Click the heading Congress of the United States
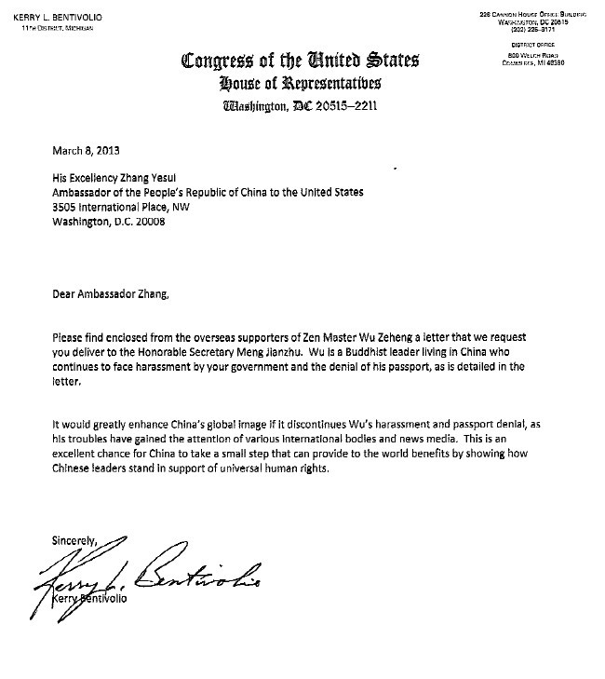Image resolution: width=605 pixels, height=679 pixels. click(x=301, y=62)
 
